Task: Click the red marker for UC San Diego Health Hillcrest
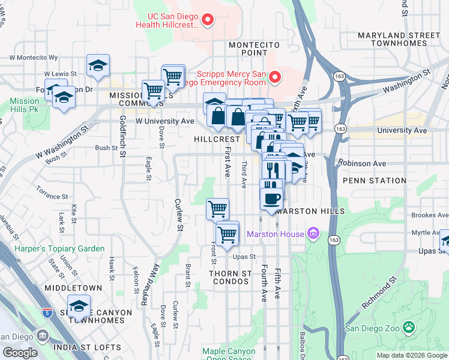coord(208,20)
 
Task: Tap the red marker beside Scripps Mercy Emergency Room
coord(275,77)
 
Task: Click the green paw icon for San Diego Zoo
coord(409,327)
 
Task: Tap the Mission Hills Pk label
coord(25,105)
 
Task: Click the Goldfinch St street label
coord(122,137)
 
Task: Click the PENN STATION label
coord(375,181)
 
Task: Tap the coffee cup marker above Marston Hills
coord(271,197)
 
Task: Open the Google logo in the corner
coord(20,353)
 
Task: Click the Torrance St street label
coord(52,196)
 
